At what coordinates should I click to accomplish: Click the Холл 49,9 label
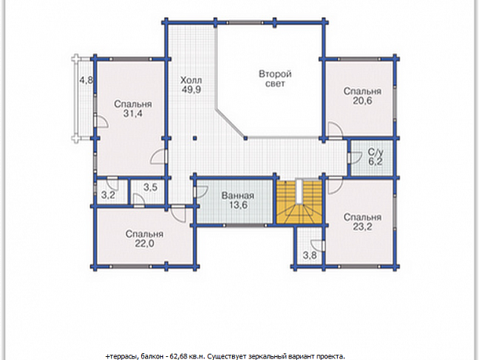[x=191, y=85]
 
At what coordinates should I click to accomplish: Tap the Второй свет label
[x=275, y=79]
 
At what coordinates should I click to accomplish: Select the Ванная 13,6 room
[x=235, y=201]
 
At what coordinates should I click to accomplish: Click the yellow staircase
[x=299, y=202]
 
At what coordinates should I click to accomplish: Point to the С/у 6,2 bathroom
[x=372, y=157]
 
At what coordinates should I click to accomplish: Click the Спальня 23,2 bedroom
[x=360, y=222]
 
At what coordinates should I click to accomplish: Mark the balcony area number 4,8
[x=86, y=80]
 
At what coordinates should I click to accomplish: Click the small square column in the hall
[x=195, y=138]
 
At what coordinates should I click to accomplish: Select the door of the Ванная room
[x=200, y=193]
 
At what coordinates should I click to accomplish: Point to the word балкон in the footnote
[x=152, y=356]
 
